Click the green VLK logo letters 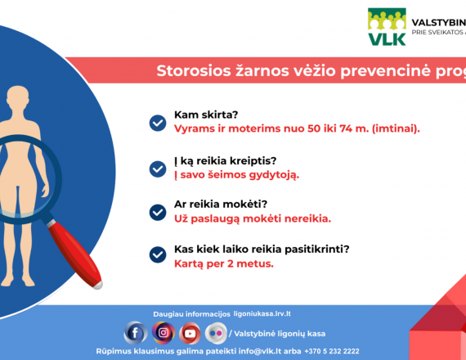[x=387, y=39]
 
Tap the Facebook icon [x=135, y=333]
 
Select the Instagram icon [x=164, y=333]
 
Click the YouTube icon [x=190, y=333]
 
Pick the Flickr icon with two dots [x=216, y=333]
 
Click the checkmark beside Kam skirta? [x=158, y=123]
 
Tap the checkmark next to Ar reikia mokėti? [x=158, y=213]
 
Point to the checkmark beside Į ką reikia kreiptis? [x=158, y=169]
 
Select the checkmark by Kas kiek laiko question [x=158, y=254]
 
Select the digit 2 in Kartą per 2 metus [x=231, y=263]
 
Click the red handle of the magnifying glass [x=75, y=255]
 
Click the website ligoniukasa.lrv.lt [x=262, y=314]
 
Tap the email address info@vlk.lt [x=260, y=351]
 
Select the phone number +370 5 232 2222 [x=332, y=351]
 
